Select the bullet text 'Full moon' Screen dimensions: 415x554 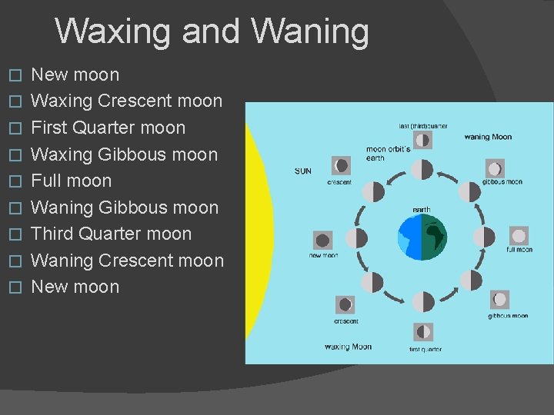[71, 181]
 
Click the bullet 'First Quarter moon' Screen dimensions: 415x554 [108, 128]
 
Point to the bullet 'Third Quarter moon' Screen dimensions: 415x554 [111, 234]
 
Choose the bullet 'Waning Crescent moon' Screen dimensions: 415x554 [127, 261]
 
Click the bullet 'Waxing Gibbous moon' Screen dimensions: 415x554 [124, 154]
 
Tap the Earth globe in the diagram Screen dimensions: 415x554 [422, 237]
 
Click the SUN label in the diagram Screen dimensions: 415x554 [303, 171]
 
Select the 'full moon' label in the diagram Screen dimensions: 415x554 [519, 250]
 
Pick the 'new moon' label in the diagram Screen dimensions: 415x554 [323, 255]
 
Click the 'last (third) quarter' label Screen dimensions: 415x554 [422, 126]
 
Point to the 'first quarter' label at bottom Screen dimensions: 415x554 [426, 350]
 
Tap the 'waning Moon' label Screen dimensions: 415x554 [488, 137]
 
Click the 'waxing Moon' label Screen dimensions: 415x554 [348, 347]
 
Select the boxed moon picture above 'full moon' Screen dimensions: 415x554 [519, 236]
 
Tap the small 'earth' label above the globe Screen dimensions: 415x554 [422, 209]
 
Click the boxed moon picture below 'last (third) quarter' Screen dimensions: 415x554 [422, 140]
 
